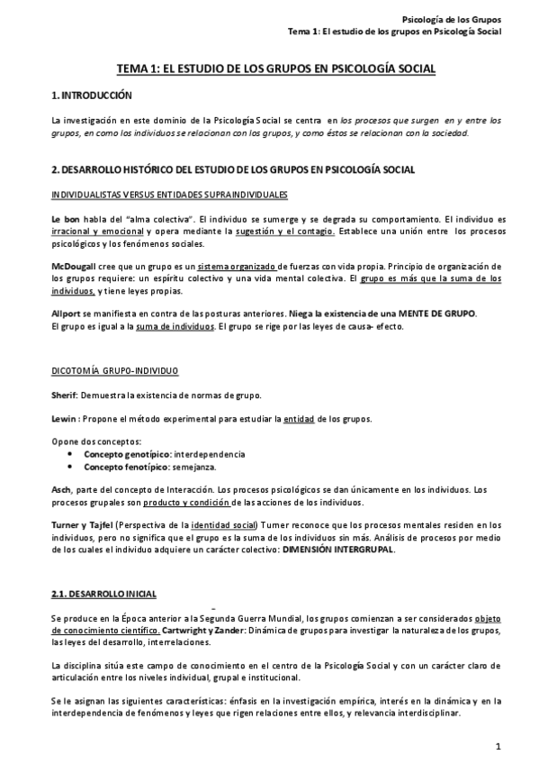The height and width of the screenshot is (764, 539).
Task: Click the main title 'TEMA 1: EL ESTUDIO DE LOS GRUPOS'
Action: [x=269, y=68]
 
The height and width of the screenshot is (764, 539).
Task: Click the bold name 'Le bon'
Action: [x=67, y=220]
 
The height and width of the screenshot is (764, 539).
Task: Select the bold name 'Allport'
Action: [x=66, y=314]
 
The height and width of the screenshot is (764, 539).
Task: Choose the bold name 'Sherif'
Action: [x=66, y=395]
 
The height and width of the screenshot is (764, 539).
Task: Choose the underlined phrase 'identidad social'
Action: [x=223, y=525]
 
